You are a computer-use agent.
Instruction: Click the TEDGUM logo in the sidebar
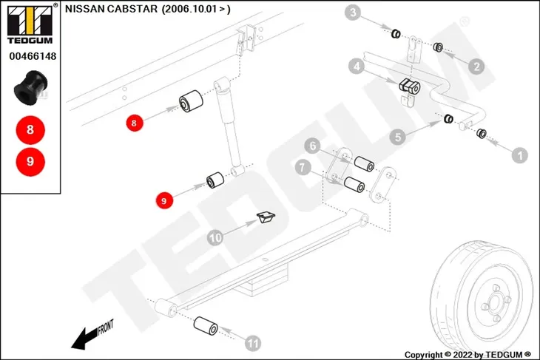pos(30,24)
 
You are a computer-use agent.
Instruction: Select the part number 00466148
pos(33,56)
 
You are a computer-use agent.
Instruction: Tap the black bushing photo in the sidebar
pos(31,88)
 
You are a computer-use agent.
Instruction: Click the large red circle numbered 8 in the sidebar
pos(30,130)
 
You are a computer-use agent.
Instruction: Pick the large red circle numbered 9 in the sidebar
pos(30,161)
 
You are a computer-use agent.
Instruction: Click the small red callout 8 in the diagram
pos(135,123)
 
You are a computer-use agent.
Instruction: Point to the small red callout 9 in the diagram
pos(164,200)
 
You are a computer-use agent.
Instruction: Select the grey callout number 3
pos(353,13)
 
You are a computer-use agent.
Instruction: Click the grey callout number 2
pos(476,66)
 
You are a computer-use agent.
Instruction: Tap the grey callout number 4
pos(357,66)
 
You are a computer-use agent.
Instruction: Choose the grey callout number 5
pos(398,137)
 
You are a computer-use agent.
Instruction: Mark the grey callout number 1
pos(520,155)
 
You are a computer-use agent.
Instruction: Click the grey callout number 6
pos(313,146)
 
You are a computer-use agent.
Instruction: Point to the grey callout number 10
pos(215,238)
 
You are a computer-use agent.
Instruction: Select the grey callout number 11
pos(253,343)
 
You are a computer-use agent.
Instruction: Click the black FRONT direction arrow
pos(84,338)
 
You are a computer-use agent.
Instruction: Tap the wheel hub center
pos(495,303)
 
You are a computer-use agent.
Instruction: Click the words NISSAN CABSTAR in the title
pos(111,9)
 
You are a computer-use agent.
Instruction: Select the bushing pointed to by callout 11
pos(206,326)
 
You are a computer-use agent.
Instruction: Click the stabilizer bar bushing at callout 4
pos(409,86)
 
